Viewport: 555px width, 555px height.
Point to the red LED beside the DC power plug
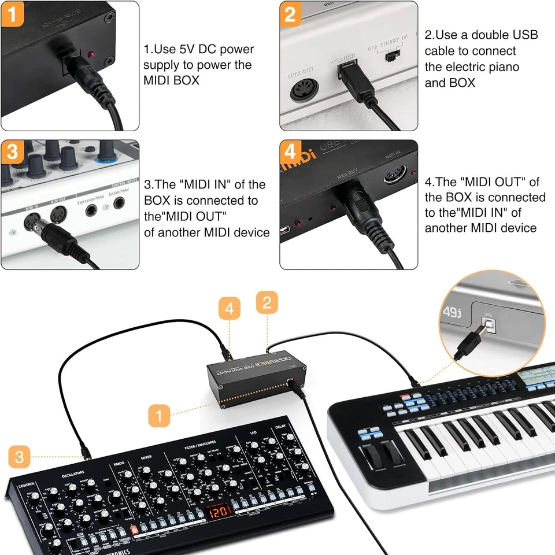[x=91, y=54]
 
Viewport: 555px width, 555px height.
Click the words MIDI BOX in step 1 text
[x=171, y=80]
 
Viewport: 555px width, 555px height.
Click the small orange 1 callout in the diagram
[x=159, y=415]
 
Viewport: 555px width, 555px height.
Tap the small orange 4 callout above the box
[x=230, y=309]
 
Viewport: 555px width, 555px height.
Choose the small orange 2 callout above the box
[x=267, y=302]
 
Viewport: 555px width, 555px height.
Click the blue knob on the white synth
[x=106, y=151]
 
